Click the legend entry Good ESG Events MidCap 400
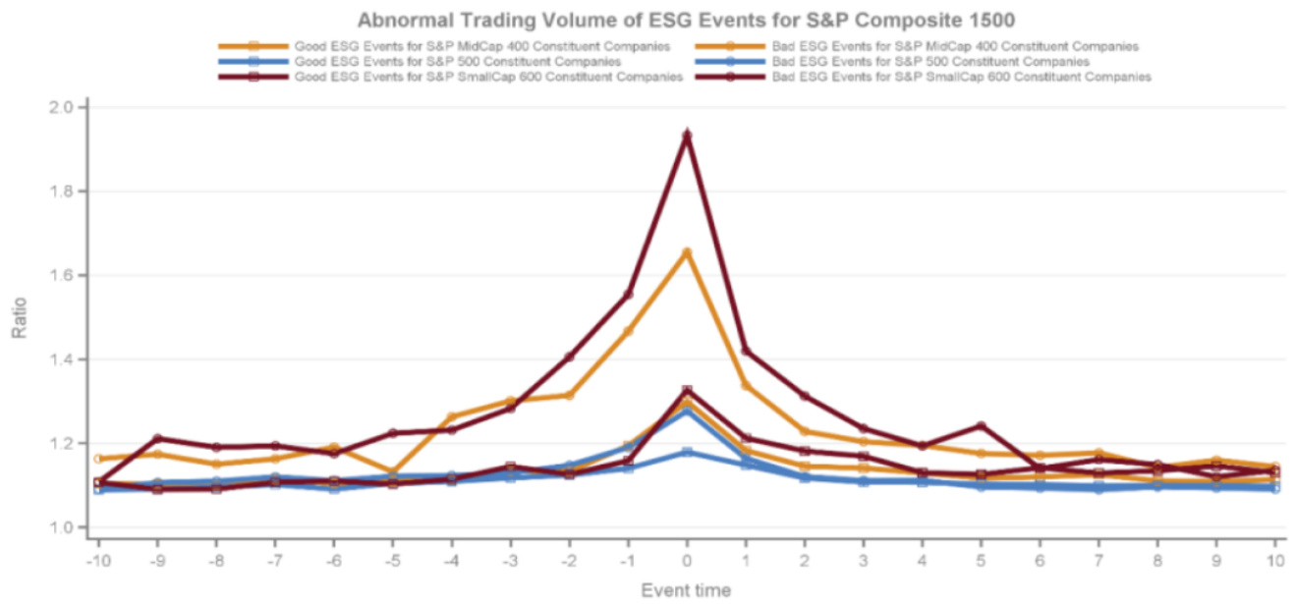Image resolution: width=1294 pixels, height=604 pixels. point(482,46)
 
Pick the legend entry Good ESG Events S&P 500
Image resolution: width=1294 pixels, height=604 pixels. point(457,61)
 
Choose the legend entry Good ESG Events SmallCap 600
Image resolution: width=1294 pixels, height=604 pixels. point(488,77)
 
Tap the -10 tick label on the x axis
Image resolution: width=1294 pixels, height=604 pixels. point(96,561)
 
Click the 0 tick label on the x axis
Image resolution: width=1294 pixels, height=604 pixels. point(687,561)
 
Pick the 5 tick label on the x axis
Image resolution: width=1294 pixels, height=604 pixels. point(981,561)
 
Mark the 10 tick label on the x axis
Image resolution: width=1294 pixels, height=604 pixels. point(1274,561)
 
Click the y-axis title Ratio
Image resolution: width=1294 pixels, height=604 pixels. point(19,319)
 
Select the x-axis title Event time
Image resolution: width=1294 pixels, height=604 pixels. point(685,590)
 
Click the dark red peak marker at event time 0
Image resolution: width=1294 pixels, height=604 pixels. point(687,136)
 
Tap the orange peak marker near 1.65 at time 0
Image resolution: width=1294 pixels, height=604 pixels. point(687,252)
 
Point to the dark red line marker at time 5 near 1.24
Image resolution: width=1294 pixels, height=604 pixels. point(981,426)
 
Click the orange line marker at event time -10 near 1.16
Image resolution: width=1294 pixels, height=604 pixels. point(97,459)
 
